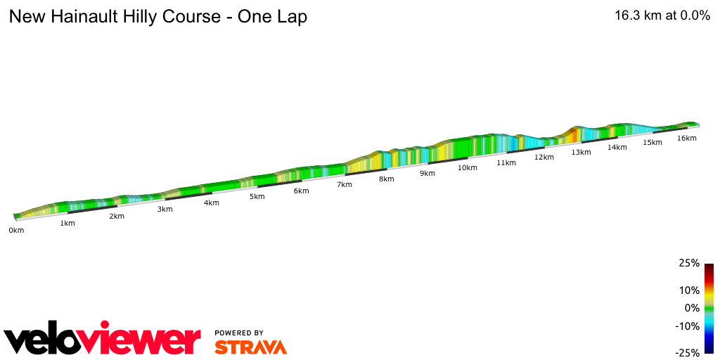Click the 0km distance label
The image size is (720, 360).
click(x=16, y=231)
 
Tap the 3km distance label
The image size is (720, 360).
click(x=165, y=210)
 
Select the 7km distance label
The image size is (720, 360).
click(x=344, y=185)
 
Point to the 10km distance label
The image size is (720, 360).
click(x=467, y=168)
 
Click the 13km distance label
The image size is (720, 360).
click(x=581, y=153)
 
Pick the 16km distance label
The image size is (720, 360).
click(x=687, y=139)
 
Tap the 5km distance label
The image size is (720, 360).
click(x=257, y=197)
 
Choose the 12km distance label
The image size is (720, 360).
click(x=544, y=157)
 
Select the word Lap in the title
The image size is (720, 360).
click(x=291, y=17)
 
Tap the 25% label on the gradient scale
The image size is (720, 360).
click(x=689, y=264)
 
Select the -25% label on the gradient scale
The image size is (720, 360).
click(x=687, y=353)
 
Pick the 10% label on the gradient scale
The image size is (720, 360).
click(x=689, y=290)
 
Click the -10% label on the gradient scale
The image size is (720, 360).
click(x=687, y=326)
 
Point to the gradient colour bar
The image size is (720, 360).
click(x=709, y=308)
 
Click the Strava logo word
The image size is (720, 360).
click(x=250, y=347)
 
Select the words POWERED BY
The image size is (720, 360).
click(x=239, y=333)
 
